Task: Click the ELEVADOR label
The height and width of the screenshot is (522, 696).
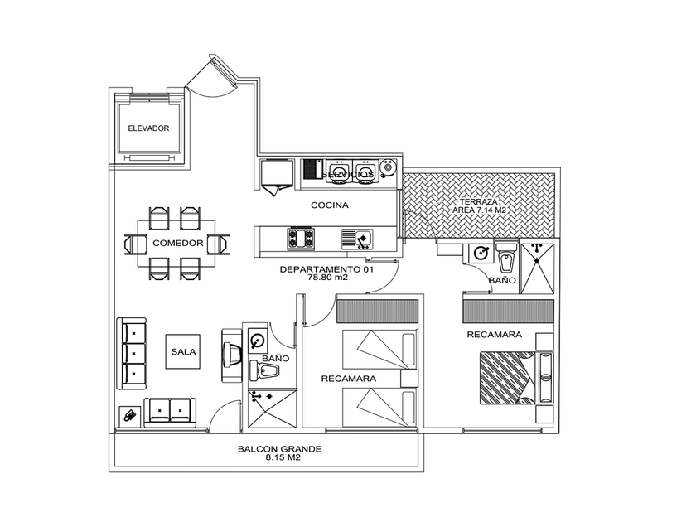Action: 148,128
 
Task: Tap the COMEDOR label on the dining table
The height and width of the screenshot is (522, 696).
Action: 177,243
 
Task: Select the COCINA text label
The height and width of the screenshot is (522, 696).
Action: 330,205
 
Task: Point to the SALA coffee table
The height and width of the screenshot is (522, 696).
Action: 183,351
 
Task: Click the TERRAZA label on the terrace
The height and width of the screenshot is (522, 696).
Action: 479,201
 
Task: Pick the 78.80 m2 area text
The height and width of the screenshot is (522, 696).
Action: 327,278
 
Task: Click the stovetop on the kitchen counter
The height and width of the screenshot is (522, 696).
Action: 301,239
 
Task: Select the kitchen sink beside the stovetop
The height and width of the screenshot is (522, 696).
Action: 357,239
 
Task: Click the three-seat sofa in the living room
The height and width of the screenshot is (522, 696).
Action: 133,352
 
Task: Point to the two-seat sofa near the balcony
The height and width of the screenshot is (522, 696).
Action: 170,411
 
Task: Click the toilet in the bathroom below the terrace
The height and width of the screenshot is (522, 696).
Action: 507,260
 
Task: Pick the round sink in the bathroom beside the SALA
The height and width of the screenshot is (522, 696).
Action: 258,340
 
